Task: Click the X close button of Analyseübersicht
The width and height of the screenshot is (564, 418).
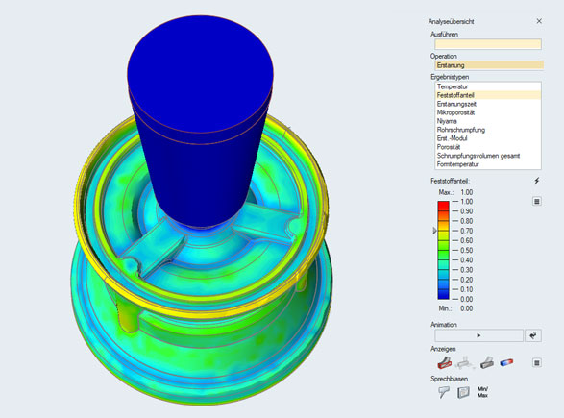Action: tap(539, 20)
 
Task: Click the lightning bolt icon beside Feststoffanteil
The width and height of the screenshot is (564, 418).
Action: tap(537, 181)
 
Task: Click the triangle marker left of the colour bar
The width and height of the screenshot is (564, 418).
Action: tap(434, 231)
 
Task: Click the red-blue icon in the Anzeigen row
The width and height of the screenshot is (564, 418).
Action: tap(507, 362)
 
